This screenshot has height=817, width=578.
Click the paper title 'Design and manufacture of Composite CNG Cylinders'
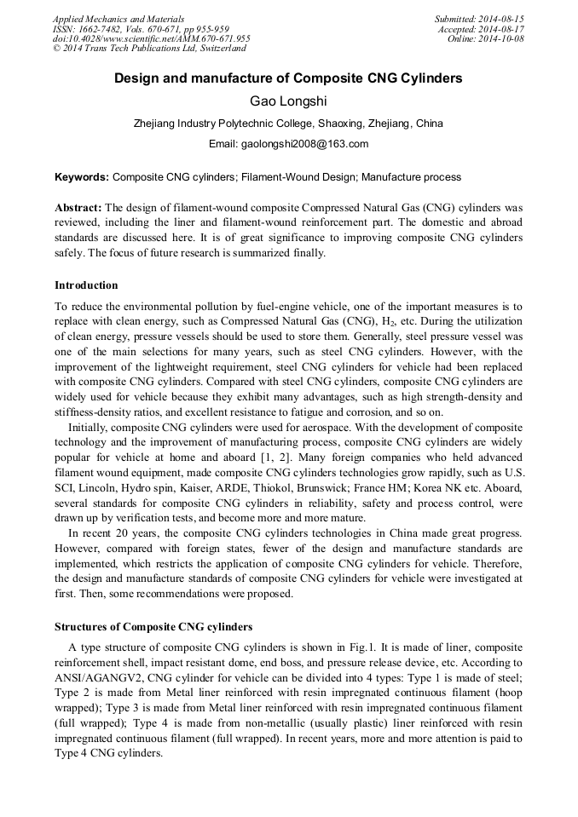[x=288, y=78]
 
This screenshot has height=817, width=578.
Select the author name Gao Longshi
[x=288, y=101]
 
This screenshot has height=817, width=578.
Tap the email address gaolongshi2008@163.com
[x=288, y=143]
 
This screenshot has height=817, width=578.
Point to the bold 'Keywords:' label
[x=82, y=177]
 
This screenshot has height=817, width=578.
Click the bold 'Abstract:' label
[x=78, y=208]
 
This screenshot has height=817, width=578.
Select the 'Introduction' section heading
[x=86, y=285]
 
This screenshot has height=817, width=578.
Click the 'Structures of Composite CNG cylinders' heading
[x=153, y=626]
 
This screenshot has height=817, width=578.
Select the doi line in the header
[x=151, y=39]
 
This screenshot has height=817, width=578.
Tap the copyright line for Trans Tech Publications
[x=149, y=49]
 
